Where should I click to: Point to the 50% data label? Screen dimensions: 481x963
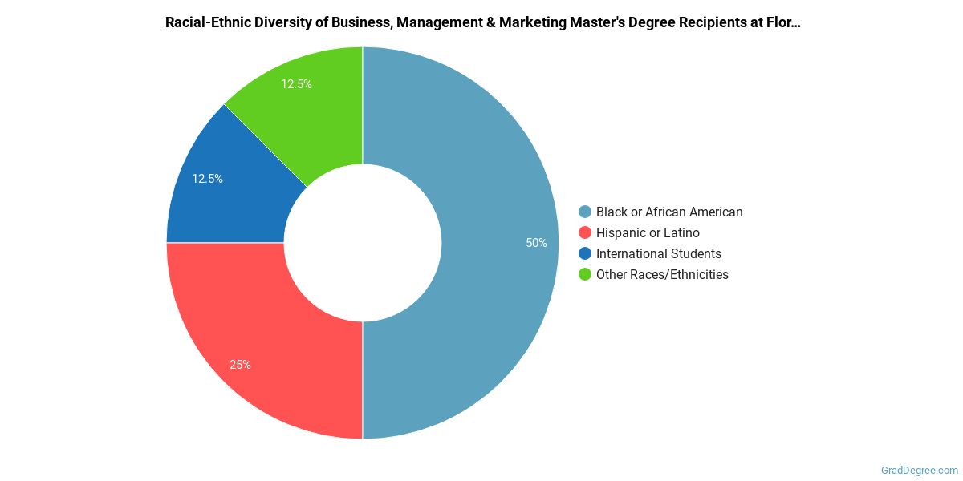[x=536, y=243]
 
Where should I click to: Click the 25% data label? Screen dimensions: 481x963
[x=240, y=365]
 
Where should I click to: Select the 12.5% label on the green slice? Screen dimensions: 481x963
[x=296, y=84]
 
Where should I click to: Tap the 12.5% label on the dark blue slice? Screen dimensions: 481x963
[x=207, y=179]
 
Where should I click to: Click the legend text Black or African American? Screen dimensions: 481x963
[x=669, y=212]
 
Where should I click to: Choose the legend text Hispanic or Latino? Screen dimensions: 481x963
[x=648, y=233]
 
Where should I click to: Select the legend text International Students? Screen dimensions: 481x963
[x=658, y=254]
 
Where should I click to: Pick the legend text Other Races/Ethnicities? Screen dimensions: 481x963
[x=662, y=275]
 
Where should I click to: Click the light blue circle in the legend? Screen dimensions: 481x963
[x=585, y=212]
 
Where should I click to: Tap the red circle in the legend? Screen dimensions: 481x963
[x=585, y=233]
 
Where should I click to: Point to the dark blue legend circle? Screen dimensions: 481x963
[x=585, y=254]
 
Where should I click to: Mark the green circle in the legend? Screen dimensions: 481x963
[x=585, y=275]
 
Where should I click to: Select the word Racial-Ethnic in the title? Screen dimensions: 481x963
[x=205, y=22]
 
